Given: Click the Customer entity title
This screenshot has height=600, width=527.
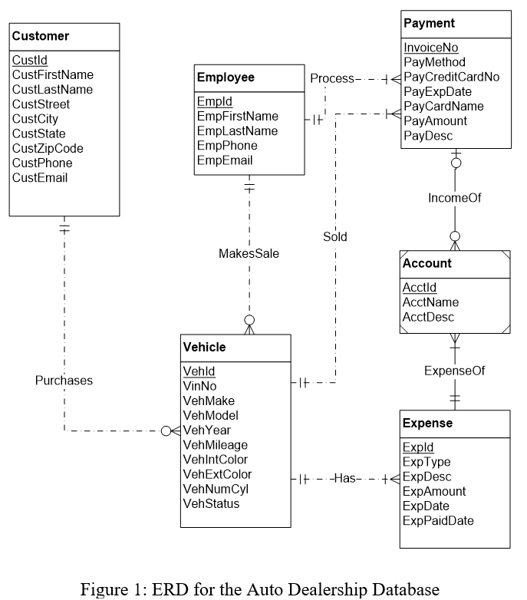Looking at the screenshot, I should pos(41,36).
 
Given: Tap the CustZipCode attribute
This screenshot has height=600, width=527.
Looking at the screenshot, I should pos(48,148).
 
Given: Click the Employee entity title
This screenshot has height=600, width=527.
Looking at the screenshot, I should pos(226,77).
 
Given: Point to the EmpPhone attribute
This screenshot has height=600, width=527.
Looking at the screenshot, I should pos(227,146).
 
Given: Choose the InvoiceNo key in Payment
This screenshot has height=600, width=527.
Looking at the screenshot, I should pos(431,48).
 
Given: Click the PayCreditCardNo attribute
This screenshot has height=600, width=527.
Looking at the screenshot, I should pos(451,77).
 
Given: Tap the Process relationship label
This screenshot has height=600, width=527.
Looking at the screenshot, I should pos(331,78).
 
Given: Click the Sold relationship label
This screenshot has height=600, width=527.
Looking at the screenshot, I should pos(334,237).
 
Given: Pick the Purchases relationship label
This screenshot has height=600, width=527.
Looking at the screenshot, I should pos(64,381).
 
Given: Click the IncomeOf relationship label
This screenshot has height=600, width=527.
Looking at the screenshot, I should pos(455,198).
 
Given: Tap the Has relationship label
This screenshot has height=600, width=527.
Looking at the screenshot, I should pos(345,479).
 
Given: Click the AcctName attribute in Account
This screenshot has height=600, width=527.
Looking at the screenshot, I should pos(430,302).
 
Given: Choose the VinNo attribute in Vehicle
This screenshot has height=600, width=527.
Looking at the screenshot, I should pos(199,386).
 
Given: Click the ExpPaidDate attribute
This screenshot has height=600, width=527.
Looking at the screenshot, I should pos(438,521).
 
